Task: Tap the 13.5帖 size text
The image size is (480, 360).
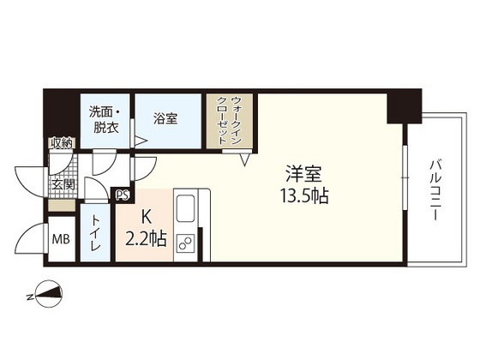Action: [x=305, y=195]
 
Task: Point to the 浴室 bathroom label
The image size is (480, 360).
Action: [x=165, y=119]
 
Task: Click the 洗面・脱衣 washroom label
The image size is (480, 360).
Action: [x=105, y=118]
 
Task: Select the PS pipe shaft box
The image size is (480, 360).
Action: [x=122, y=195]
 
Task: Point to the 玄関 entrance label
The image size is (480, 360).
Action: [x=63, y=183]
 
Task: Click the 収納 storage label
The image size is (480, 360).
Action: [x=60, y=142]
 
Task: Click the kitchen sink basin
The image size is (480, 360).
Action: [x=186, y=208]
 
